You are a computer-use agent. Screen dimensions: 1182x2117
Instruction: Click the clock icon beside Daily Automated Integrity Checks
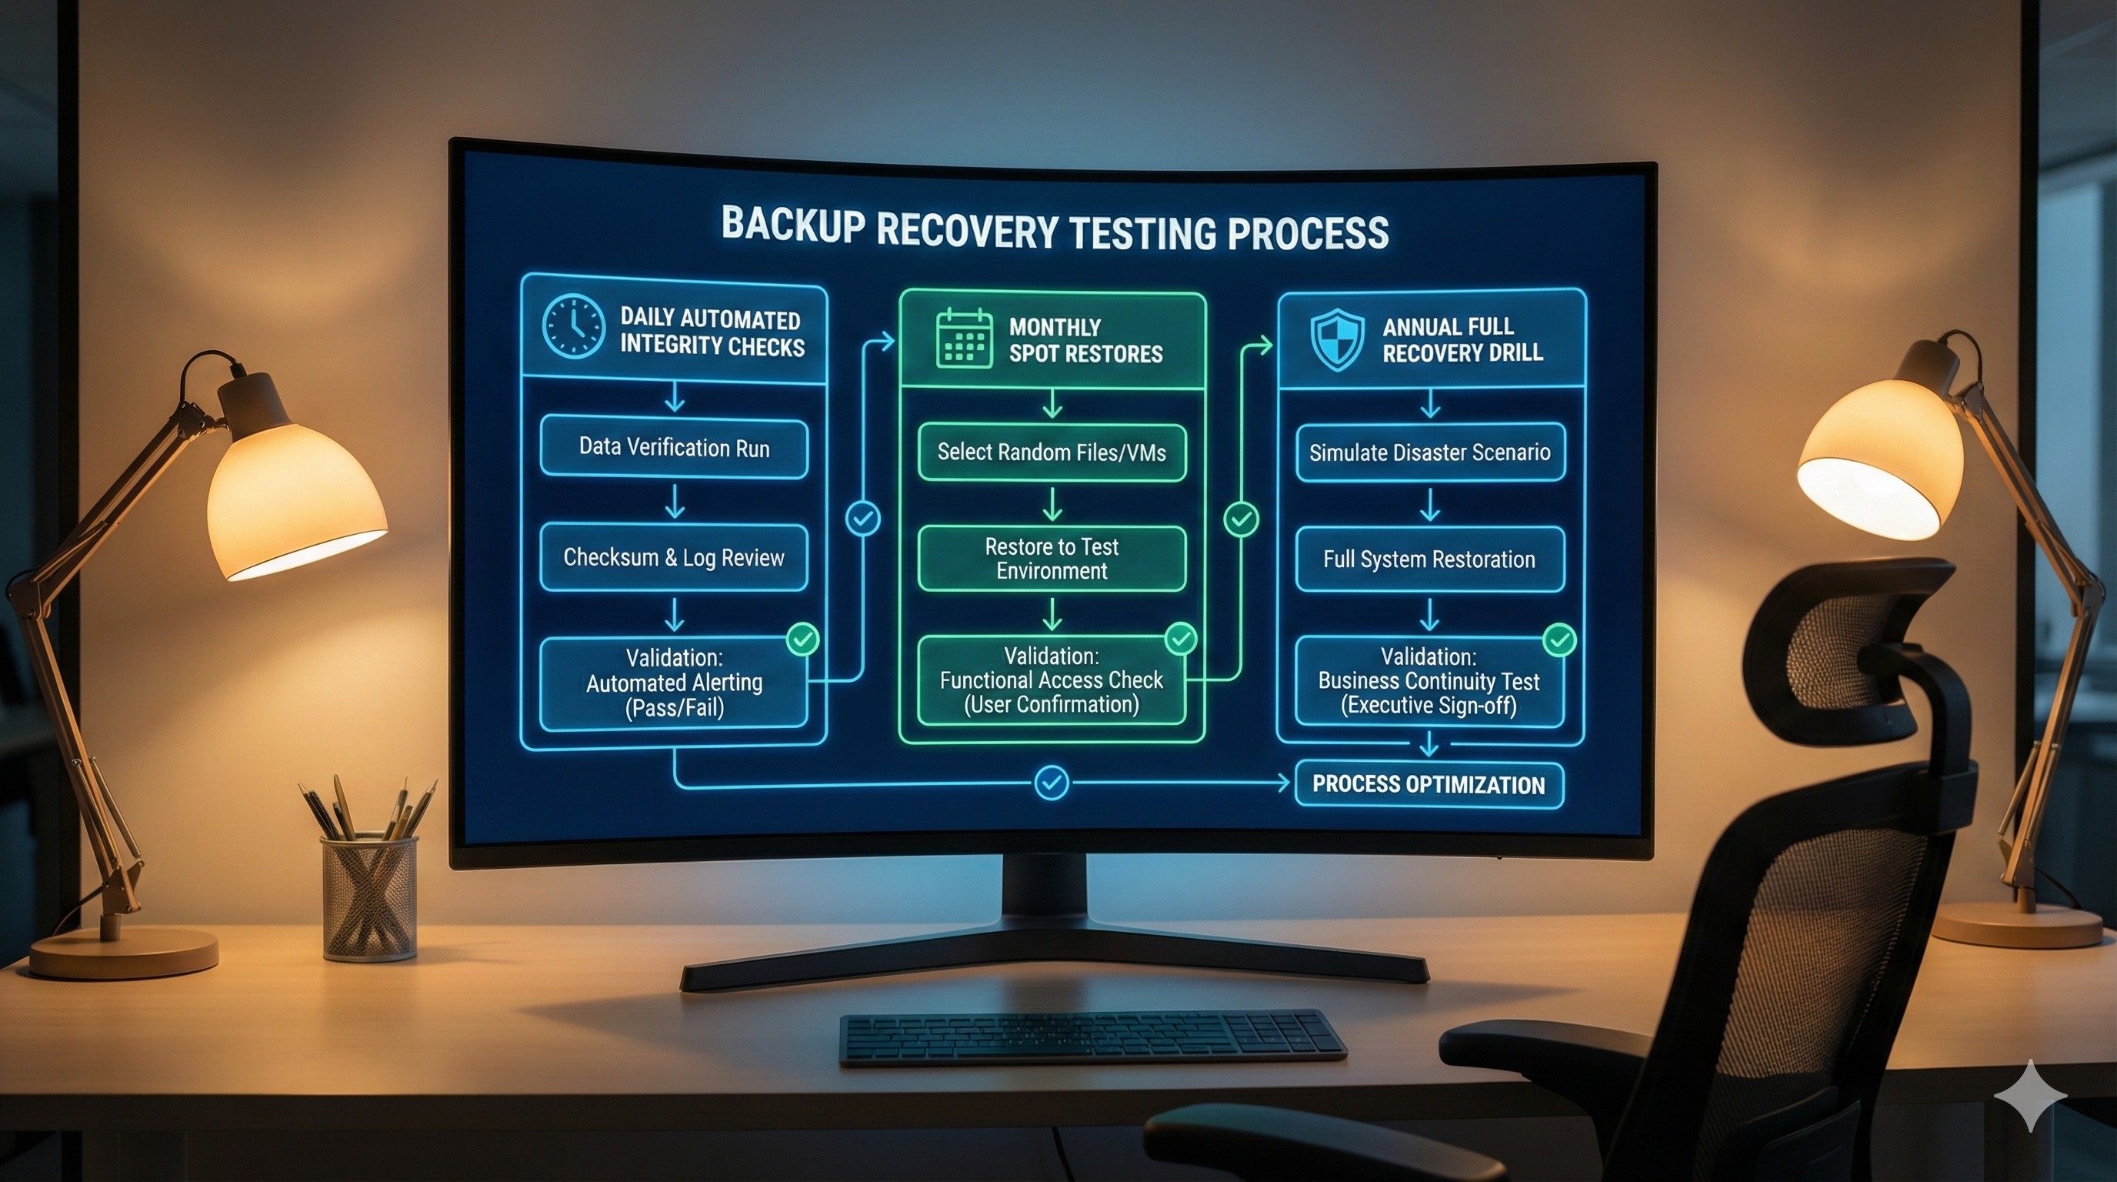573,326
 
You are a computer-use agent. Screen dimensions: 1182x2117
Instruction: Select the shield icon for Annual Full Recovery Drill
1337,339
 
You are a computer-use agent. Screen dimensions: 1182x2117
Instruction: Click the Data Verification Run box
674,448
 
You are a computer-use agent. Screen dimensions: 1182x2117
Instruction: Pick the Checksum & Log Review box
674,558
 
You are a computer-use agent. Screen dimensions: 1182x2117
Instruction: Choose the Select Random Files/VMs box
1052,452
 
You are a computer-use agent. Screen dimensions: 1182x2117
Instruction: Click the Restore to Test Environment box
1052,559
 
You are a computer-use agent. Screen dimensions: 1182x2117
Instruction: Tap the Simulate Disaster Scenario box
1430,452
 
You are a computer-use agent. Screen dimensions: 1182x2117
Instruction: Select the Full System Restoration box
1430,559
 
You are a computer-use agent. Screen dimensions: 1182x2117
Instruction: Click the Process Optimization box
1429,784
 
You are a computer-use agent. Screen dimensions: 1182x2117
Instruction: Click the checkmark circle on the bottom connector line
1051,783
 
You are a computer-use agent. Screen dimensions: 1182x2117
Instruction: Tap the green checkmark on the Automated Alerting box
803,639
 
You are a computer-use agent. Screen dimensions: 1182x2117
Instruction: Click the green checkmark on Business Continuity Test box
1559,639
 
